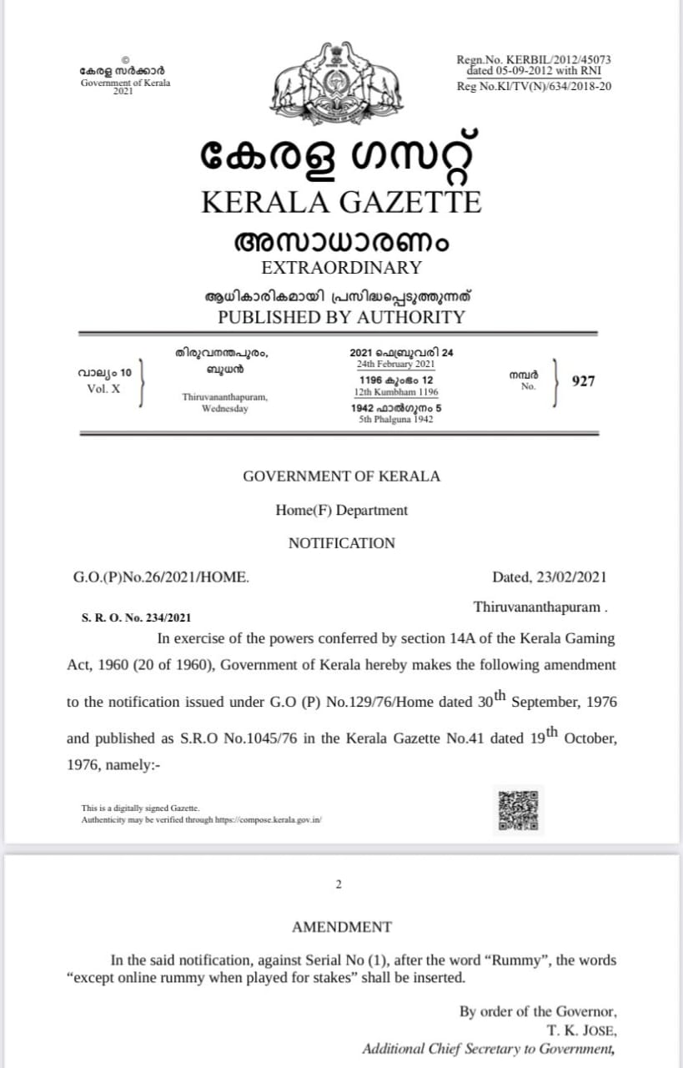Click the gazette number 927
coord(584,381)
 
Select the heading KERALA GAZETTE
coord(342,202)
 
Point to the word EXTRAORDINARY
coord(342,268)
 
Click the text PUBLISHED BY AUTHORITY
coord(342,317)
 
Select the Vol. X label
coord(103,389)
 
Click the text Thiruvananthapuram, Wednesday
coord(224,403)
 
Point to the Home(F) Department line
coord(342,510)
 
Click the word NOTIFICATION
coord(342,543)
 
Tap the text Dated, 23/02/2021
coord(550,577)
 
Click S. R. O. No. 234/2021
coord(137,617)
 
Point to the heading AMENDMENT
coord(342,927)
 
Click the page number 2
coord(339,884)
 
